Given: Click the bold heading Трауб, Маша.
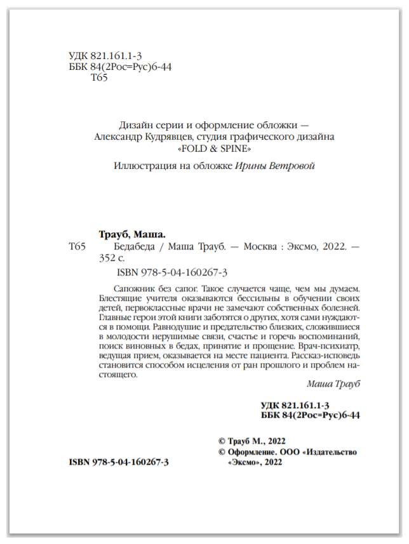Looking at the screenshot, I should (x=132, y=232).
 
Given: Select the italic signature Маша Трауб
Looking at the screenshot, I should (x=333, y=384).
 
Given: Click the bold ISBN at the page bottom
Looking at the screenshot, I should (x=118, y=463).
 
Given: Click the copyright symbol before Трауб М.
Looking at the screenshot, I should (x=222, y=441).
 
